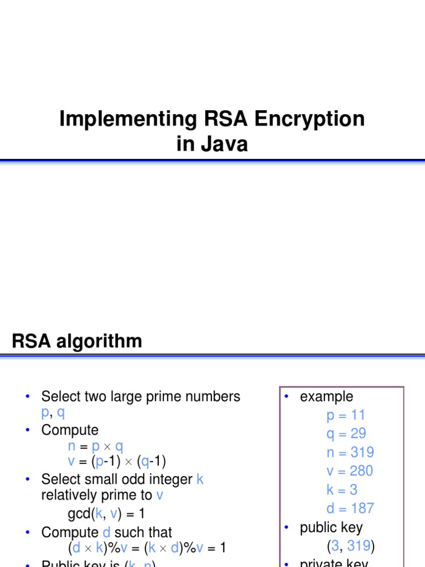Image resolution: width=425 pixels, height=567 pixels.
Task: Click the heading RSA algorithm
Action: click(x=77, y=341)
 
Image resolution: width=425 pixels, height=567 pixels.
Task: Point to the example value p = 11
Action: click(x=345, y=415)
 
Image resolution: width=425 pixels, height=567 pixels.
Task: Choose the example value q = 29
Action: click(x=346, y=434)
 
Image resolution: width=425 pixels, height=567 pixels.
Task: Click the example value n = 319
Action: click(x=350, y=452)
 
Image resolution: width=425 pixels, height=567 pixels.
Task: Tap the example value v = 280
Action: click(x=350, y=471)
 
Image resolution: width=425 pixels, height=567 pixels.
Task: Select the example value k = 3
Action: click(x=342, y=490)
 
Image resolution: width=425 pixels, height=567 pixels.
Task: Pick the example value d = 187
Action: click(x=350, y=508)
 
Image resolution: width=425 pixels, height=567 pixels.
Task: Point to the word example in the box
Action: click(x=326, y=396)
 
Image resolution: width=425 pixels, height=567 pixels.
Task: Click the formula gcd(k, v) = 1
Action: click(x=106, y=514)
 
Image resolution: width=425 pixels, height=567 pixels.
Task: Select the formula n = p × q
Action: click(x=95, y=446)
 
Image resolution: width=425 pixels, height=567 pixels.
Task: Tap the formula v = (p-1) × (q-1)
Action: click(x=117, y=461)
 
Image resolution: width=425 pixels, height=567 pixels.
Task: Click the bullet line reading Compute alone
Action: click(x=70, y=430)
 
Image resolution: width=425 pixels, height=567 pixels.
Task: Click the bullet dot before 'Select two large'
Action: click(x=27, y=396)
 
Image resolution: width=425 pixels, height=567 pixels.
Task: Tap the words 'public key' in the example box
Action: click(x=331, y=528)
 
